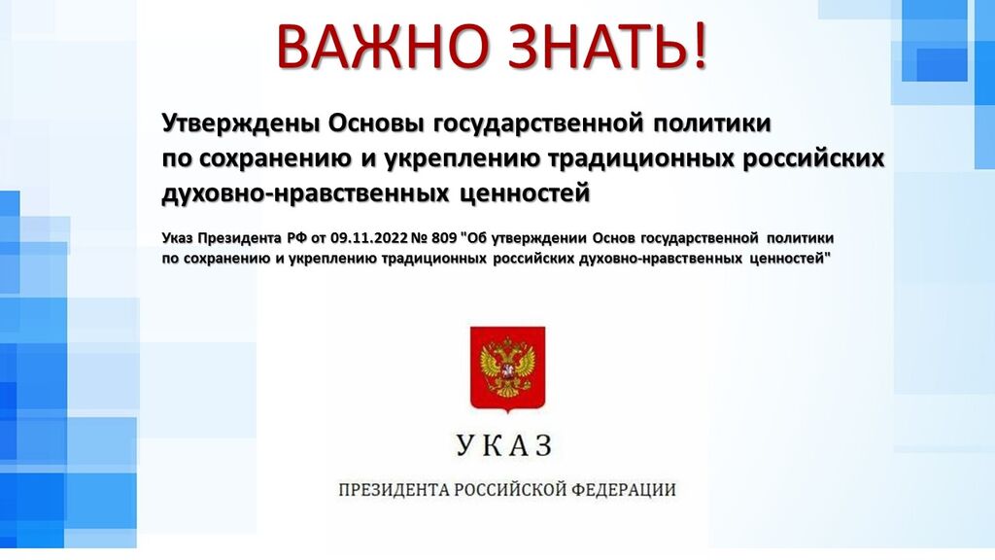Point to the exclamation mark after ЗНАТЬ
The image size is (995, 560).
700,47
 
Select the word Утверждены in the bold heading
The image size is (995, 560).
241,123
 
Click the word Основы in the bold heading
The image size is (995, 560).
376,122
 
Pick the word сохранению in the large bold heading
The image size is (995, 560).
275,158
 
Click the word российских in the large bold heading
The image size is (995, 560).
813,158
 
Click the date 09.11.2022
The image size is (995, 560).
368,238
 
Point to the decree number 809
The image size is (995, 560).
443,238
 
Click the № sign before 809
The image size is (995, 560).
419,238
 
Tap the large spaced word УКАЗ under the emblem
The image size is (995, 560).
504,445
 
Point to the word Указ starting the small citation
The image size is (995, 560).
177,239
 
